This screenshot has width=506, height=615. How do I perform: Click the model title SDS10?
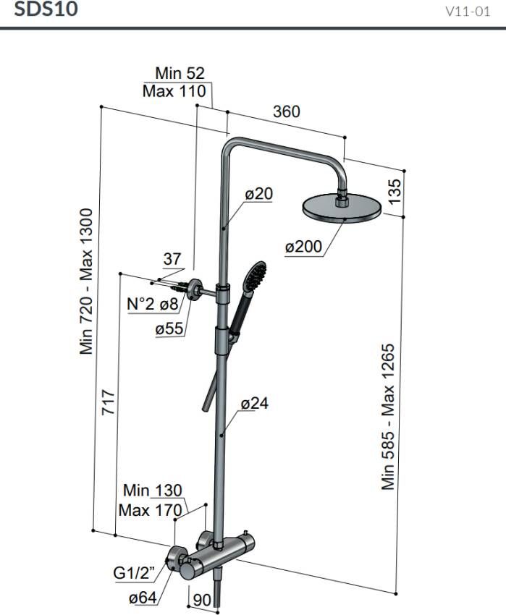pos(46,9)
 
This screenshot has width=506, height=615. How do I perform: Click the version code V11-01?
pos(468,12)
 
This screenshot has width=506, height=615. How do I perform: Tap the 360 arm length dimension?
pos(287,111)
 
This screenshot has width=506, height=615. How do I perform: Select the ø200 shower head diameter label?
pos(303,247)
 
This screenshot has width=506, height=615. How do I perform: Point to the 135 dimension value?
pos(395,191)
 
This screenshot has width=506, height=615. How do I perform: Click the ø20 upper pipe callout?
pos(259,193)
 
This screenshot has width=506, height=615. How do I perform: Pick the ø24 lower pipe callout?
pos(255,403)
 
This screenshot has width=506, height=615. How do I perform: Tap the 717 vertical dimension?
pos(109,402)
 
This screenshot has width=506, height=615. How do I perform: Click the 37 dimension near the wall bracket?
pos(172,259)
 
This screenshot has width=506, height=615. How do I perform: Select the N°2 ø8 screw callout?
pos(153,304)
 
